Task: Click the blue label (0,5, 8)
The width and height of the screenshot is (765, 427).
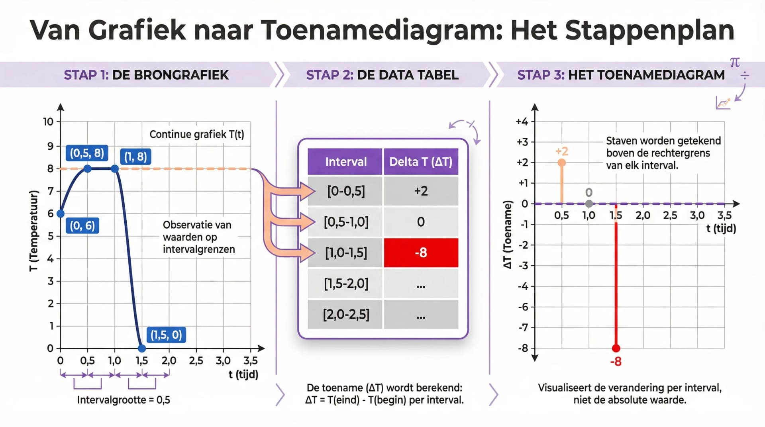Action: tap(87, 153)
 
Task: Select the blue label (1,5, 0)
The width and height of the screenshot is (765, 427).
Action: tap(166, 335)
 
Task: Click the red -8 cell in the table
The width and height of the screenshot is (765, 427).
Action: tap(421, 253)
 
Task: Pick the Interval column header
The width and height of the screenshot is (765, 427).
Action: tap(345, 162)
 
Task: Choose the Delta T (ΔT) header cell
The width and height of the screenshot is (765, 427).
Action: tap(421, 162)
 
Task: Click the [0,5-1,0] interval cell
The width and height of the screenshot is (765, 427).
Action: tap(346, 222)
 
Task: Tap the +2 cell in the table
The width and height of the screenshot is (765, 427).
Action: tap(421, 191)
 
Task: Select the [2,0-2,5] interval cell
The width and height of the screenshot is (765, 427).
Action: tap(346, 314)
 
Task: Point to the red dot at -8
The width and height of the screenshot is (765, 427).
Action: tap(616, 349)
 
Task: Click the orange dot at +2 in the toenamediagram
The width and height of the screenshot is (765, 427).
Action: tap(562, 163)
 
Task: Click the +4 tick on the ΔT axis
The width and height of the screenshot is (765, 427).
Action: tap(522, 121)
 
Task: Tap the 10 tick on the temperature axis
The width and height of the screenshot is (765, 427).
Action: tap(48, 122)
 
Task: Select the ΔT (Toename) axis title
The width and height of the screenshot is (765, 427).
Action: tap(507, 235)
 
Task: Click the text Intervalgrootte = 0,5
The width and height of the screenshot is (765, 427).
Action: tap(124, 400)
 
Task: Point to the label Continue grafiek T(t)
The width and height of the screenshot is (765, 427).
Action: tap(196, 134)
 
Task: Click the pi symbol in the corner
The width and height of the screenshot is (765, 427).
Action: tap(735, 63)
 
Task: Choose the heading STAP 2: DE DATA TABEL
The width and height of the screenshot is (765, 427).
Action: tap(382, 75)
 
